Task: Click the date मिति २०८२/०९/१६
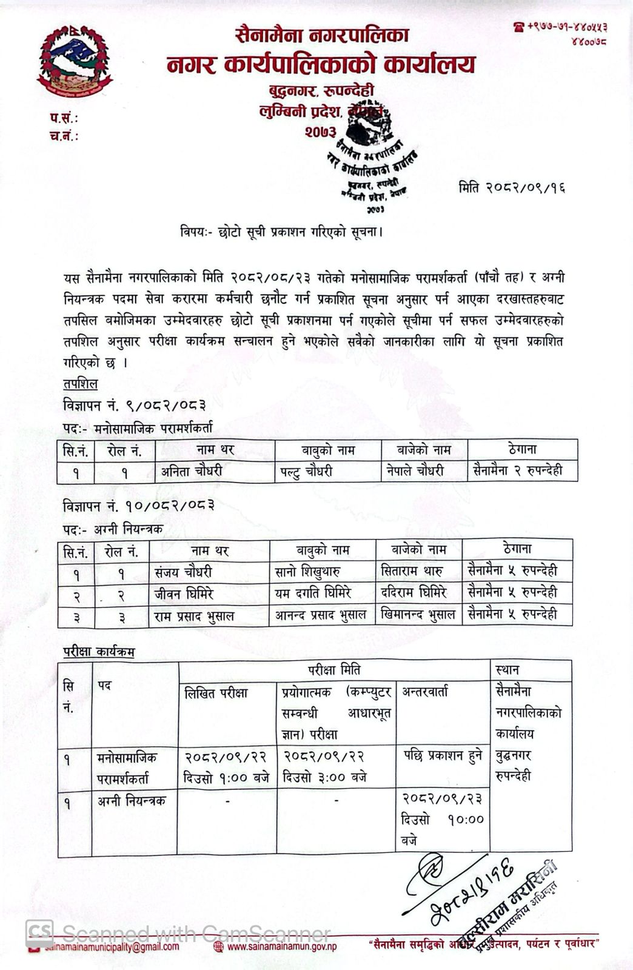[512, 187]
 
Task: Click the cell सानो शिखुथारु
[308, 571]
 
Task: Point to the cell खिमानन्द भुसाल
[418, 615]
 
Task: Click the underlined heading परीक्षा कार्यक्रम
[99, 652]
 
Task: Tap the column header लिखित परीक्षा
[216, 693]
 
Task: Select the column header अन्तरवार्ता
[424, 692]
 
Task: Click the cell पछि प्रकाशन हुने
[443, 755]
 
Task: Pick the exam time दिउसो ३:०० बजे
[324, 777]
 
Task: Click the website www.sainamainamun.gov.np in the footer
[282, 947]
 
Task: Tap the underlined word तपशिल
[80, 384]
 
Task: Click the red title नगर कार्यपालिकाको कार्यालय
[321, 64]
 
